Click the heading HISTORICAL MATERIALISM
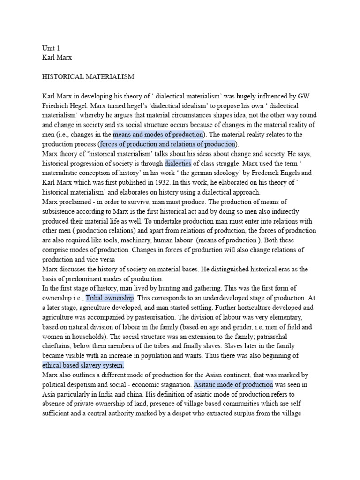click(x=88, y=76)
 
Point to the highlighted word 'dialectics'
click(x=178, y=163)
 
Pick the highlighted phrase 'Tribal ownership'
click(x=110, y=298)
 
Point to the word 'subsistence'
click(x=61, y=211)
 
